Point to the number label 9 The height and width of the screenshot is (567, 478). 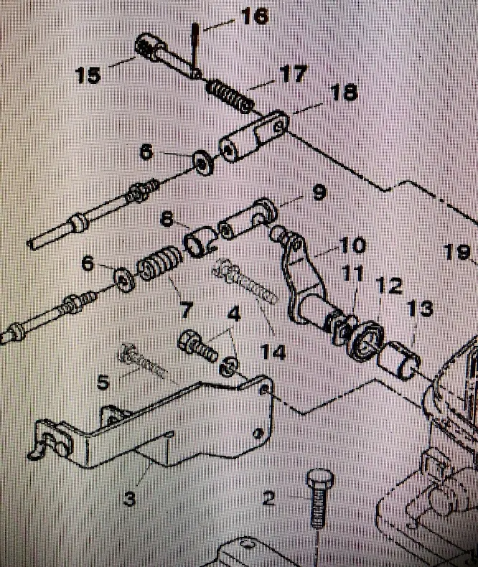click(318, 192)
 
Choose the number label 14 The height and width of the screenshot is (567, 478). click(273, 352)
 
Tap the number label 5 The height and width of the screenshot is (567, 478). click(103, 382)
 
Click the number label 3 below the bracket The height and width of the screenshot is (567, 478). click(129, 497)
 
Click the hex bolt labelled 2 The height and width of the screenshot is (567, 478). click(317, 502)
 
